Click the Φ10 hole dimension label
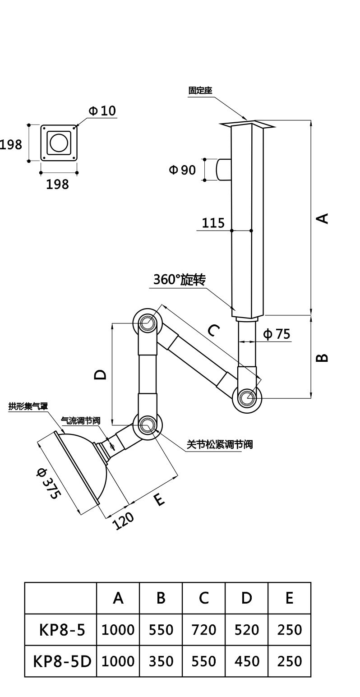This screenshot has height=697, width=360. coord(102,111)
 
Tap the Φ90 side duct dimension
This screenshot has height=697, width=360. coord(182,170)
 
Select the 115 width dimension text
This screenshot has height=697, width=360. coord(213,223)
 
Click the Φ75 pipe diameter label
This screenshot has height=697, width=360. coord(276,334)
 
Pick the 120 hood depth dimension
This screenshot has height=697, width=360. coord(123,521)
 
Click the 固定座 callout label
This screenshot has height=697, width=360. coord(200,91)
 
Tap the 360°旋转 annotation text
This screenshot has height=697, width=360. coord(180,279)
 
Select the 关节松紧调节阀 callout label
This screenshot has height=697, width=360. coord(220,444)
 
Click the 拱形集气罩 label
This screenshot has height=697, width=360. coord(28,406)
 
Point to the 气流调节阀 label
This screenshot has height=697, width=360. coord(81,421)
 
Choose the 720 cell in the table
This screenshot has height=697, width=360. coord(203,629)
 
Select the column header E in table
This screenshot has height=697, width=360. coord(289,598)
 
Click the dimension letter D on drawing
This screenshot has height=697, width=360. coord(100,374)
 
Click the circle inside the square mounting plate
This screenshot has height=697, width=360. coord(59,143)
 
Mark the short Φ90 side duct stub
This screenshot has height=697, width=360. coord(224,170)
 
